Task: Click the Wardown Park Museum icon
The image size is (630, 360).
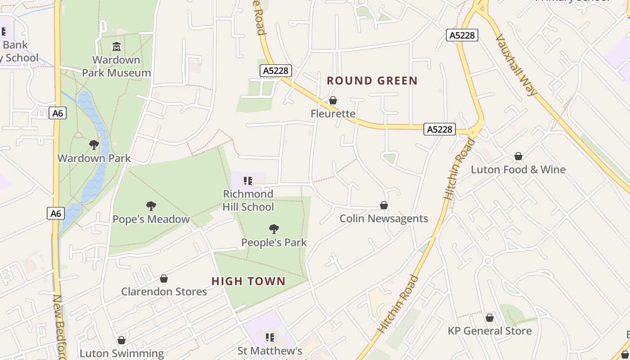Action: [x=117, y=46]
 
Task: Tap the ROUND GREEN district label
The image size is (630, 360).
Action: [x=372, y=81]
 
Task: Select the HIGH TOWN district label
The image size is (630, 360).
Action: [x=248, y=281]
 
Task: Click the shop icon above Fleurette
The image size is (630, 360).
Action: [x=333, y=100]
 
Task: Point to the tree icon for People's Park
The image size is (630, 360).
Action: [x=274, y=229]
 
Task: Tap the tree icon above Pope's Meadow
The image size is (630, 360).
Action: [x=151, y=206]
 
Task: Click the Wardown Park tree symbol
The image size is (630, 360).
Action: [x=94, y=145]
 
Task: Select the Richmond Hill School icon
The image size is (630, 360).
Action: [x=248, y=181]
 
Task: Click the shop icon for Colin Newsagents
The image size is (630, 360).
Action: [x=384, y=205]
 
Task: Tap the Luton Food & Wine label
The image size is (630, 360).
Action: [x=518, y=170]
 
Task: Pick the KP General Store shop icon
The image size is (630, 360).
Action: [x=490, y=318]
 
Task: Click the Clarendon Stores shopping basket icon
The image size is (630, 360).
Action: [x=164, y=279]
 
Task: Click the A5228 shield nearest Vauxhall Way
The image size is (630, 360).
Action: [x=462, y=35]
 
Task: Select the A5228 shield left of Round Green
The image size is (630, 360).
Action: [x=276, y=71]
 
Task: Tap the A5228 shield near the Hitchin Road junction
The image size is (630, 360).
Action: [x=439, y=130]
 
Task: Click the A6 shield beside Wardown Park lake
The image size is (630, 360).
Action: [x=58, y=113]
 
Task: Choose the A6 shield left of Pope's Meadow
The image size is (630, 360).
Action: [x=56, y=213]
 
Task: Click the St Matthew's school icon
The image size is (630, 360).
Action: [x=270, y=337]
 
